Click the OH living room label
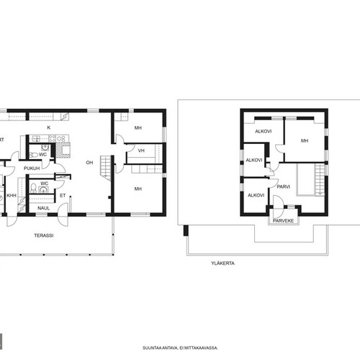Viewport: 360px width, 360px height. click(89, 163)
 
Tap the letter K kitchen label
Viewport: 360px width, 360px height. click(49, 127)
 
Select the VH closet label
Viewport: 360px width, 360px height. click(141, 150)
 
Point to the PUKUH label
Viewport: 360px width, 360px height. click(32, 168)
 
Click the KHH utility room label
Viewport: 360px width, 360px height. click(12, 196)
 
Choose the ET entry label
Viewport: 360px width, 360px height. click(63, 196)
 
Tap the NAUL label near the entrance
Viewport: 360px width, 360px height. click(43, 208)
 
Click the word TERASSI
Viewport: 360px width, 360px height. click(44, 235)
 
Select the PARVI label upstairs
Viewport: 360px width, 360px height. click(284, 186)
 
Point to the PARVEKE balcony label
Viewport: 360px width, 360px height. click(284, 220)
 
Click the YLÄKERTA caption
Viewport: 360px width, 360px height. click(223, 263)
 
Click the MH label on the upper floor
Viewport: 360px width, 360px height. click(305, 140)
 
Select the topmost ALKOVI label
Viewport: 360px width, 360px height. click(264, 131)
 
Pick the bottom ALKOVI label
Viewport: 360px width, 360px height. click(256, 195)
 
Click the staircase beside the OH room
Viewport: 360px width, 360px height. click(105, 168)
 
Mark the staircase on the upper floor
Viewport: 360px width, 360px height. click(320, 179)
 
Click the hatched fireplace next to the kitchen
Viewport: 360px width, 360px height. click(63, 150)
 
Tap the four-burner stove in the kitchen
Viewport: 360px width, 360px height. click(56, 138)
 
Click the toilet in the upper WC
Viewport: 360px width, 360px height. click(33, 155)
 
